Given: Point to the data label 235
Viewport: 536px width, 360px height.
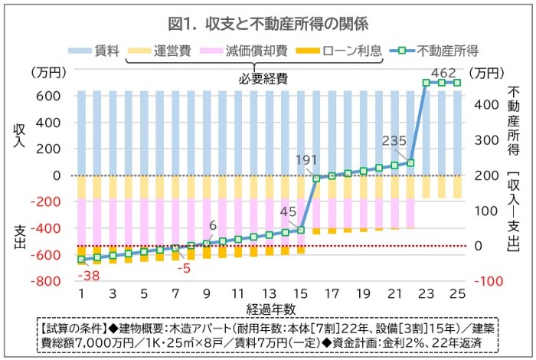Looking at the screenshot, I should [x=394, y=140].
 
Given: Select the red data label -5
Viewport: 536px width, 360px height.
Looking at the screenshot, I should [x=183, y=268].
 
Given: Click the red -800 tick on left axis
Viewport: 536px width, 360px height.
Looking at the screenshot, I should [x=47, y=281].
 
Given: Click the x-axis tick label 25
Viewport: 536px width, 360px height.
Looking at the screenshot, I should [x=458, y=294].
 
